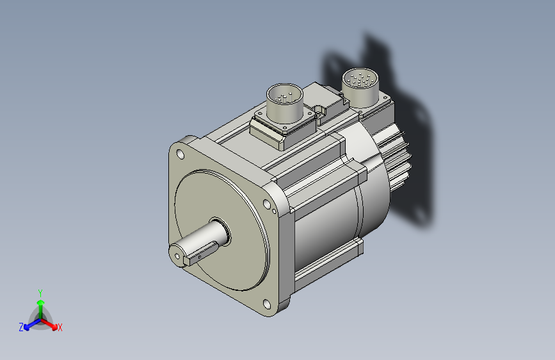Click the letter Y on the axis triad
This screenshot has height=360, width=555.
click(40, 293)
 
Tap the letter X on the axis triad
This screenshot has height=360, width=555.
click(60, 327)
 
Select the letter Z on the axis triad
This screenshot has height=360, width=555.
click(21, 327)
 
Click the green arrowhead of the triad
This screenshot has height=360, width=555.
click(41, 302)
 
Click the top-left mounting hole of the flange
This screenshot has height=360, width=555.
click(180, 154)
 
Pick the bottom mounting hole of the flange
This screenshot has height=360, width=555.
click(266, 304)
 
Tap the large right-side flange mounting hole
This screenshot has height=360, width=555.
click(266, 204)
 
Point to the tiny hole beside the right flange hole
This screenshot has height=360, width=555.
click(275, 211)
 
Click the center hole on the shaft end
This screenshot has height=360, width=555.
click(177, 256)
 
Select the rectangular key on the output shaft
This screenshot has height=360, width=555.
click(200, 252)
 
